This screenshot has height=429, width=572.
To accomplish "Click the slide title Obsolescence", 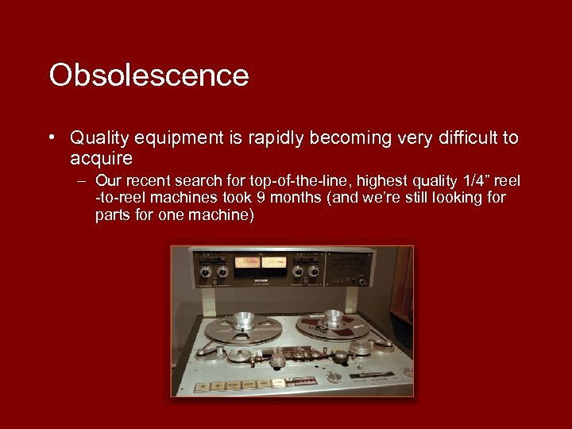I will [x=149, y=75].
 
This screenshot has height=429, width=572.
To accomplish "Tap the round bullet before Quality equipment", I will [x=52, y=137].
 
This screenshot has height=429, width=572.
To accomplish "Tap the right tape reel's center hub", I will [x=333, y=319].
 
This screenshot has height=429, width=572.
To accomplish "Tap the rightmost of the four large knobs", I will [x=313, y=272].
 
